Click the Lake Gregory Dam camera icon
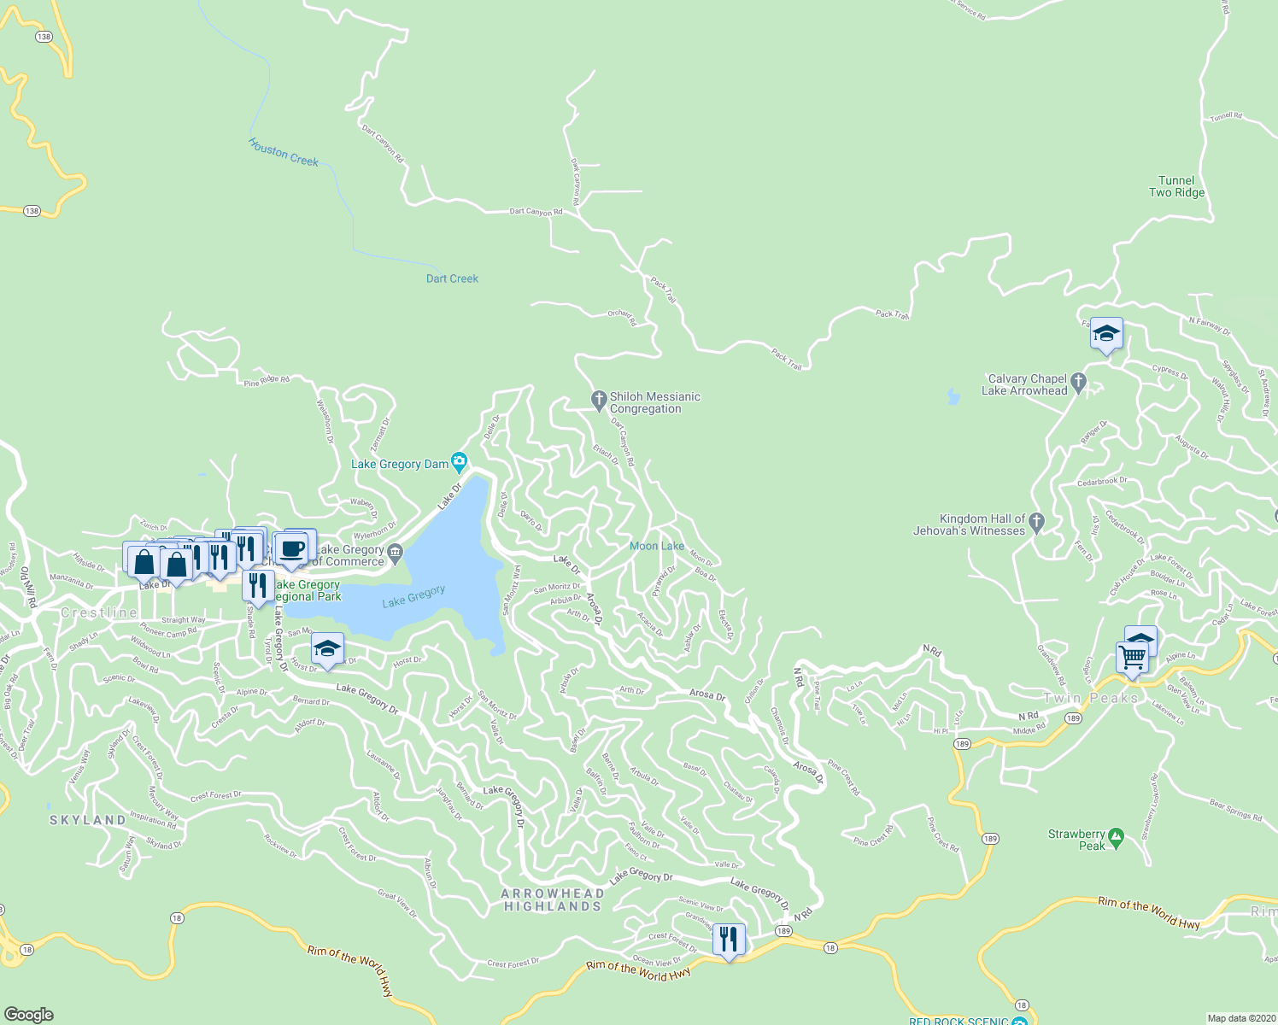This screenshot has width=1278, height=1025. tap(460, 463)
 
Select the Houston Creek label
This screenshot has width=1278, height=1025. tap(284, 152)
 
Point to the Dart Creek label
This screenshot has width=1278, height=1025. tap(452, 278)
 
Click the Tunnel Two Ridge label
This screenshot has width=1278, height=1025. tap(1176, 186)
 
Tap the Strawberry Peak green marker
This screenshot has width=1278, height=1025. tap(1116, 835)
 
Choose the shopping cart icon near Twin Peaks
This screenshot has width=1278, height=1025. tap(1132, 658)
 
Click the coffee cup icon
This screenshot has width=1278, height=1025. tap(291, 548)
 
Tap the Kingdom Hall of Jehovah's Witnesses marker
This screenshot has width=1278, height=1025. tap(1037, 521)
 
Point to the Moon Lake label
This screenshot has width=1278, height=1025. tap(657, 546)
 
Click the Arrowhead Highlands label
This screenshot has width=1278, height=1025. tap(553, 899)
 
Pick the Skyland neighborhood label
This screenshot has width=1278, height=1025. tap(88, 820)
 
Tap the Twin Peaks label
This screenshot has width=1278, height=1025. tap(1091, 698)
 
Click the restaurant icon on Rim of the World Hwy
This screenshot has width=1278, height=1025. tap(728, 939)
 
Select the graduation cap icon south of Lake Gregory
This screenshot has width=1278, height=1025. tap(327, 649)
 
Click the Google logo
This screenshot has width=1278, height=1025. tap(29, 1014)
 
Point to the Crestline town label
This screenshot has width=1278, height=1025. tap(99, 612)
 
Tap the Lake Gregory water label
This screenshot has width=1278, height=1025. tap(413, 595)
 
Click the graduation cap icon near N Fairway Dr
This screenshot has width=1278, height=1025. tap(1106, 334)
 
